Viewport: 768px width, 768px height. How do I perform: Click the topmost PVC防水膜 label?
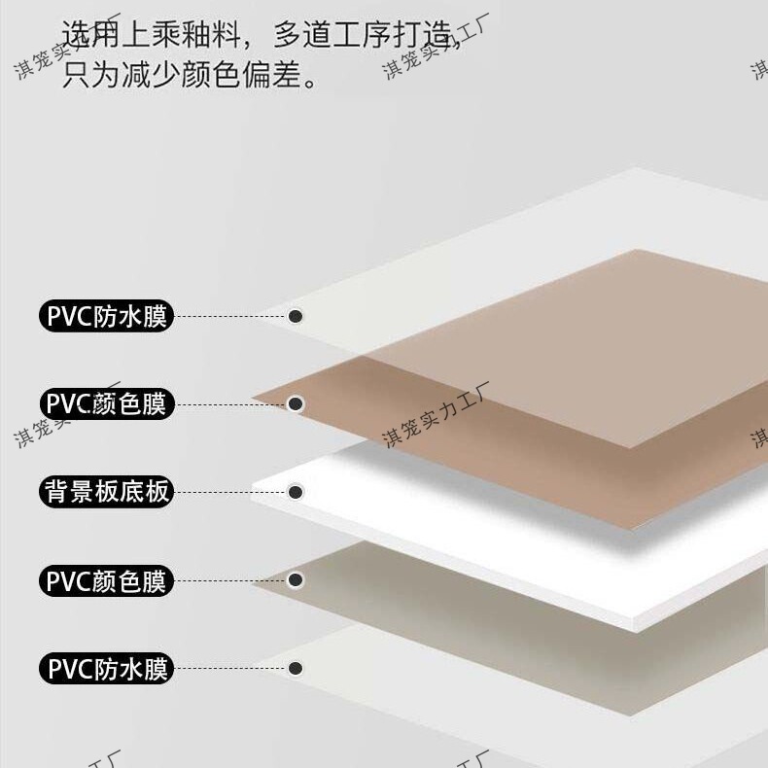pyautogui.click(x=106, y=317)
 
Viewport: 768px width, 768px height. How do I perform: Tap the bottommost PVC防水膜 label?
pyautogui.click(x=106, y=669)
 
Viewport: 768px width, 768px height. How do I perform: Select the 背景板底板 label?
pyautogui.click(x=106, y=492)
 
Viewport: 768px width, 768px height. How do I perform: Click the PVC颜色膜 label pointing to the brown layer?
pyautogui.click(x=106, y=404)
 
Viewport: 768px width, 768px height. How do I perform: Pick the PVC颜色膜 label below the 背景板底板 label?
pyautogui.click(x=106, y=581)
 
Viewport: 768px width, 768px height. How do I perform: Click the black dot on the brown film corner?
pyautogui.click(x=297, y=403)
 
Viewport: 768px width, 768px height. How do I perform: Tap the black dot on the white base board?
pyautogui.click(x=297, y=492)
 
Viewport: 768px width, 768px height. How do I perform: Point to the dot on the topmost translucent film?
pyautogui.click(x=297, y=316)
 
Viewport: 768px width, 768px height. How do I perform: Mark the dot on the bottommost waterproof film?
pyautogui.click(x=296, y=669)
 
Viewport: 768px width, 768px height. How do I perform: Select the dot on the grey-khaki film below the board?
pyautogui.click(x=297, y=580)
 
